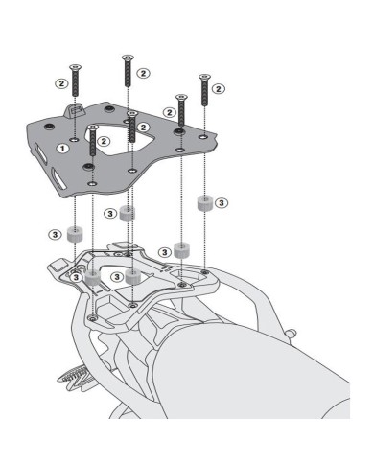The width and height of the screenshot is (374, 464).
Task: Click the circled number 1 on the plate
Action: click(62, 149)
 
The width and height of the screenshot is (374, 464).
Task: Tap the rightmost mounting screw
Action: click(203, 91)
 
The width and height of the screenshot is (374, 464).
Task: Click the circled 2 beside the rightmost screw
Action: click(219, 88)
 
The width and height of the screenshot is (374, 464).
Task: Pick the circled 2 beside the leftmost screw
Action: click(60, 83)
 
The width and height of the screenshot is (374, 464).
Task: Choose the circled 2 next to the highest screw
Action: click(143, 73)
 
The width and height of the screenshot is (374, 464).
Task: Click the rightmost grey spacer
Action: click(204, 204)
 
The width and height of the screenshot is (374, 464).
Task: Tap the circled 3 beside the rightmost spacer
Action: click(222, 203)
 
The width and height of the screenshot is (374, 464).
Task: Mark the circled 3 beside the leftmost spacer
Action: click(55, 233)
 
